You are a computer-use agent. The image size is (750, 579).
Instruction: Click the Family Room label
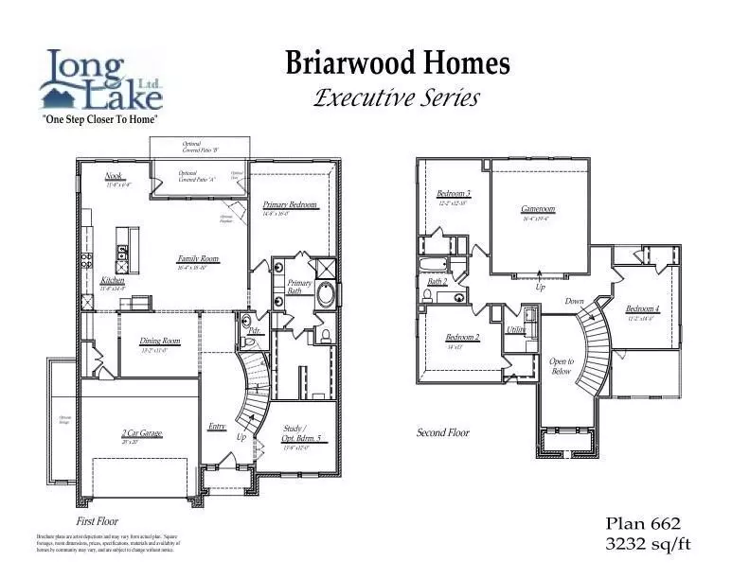click(x=198, y=258)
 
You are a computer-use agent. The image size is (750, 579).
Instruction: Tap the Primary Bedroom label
click(x=290, y=205)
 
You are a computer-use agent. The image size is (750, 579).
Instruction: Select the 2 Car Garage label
click(x=142, y=433)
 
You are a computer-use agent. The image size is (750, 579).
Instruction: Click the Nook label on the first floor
click(x=115, y=177)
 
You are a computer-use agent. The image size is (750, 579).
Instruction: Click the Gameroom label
click(x=537, y=209)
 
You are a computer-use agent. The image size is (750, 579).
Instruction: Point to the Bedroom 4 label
click(x=642, y=309)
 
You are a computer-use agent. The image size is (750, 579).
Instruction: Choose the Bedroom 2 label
click(x=462, y=338)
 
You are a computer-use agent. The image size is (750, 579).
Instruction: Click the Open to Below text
click(x=562, y=366)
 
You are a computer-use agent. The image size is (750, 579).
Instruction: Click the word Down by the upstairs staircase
click(x=575, y=301)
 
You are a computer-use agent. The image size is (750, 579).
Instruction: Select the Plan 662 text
click(x=643, y=523)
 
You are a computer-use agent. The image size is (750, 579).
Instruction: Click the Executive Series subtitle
click(x=397, y=97)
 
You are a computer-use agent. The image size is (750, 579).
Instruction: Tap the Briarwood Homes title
click(x=398, y=63)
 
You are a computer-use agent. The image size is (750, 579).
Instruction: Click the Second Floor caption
click(x=443, y=432)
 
